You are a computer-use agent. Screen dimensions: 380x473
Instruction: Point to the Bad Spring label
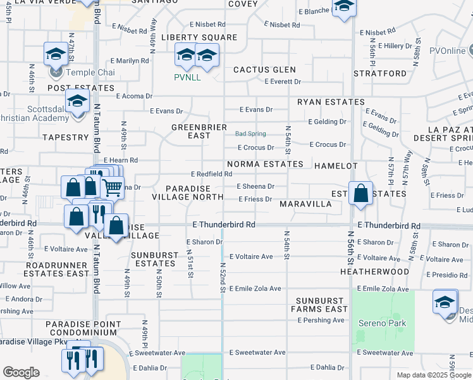pos(250,134)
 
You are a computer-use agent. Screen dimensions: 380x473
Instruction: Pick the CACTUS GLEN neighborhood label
pos(264,70)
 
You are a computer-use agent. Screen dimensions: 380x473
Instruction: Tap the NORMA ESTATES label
pos(265,164)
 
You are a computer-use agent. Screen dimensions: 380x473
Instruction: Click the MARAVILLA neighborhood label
pos(305,205)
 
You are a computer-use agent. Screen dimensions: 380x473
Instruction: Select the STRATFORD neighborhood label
pos(380,73)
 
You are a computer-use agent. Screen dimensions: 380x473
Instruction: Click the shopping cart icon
pos(112,187)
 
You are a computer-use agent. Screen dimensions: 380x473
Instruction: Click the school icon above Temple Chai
pos(56,54)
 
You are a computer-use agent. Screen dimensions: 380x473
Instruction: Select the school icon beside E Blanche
pos(344,6)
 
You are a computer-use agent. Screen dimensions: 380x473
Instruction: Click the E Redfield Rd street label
pos(211,174)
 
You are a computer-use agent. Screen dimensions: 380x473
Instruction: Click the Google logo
pos(21,372)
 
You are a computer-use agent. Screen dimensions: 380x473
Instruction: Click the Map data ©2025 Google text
pos(433,375)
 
